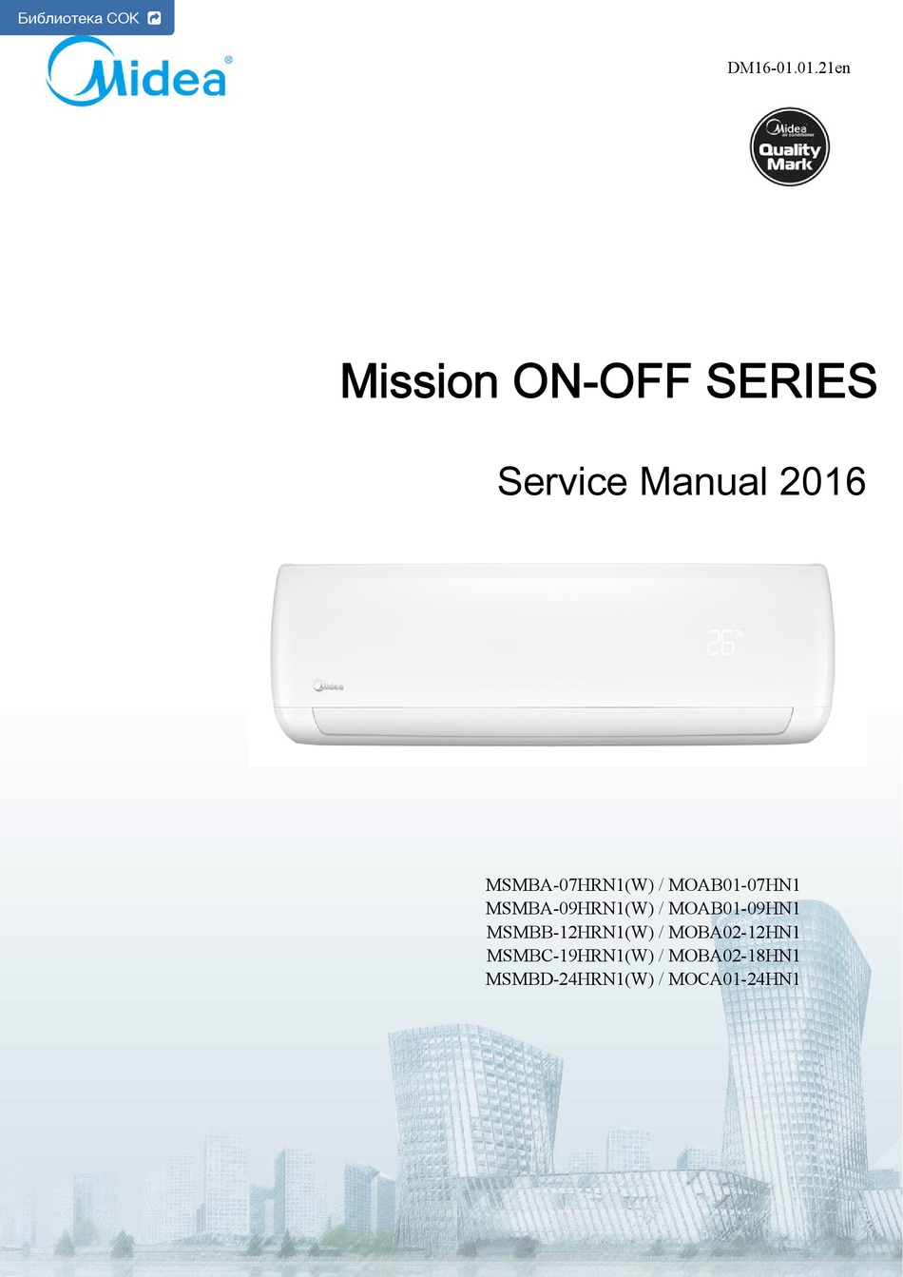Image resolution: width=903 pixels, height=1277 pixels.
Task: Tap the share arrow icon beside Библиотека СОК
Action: tap(154, 18)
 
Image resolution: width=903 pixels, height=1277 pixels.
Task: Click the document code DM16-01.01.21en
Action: tap(789, 68)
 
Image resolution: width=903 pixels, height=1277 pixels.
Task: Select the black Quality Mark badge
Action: tap(790, 147)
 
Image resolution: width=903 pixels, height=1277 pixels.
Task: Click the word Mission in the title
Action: tap(419, 381)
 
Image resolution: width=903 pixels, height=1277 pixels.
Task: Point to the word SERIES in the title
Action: tap(792, 380)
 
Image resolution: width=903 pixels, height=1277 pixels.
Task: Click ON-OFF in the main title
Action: tap(603, 380)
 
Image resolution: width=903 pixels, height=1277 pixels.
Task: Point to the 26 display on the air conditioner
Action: tap(721, 643)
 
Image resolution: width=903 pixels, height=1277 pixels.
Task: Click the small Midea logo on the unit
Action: tap(328, 686)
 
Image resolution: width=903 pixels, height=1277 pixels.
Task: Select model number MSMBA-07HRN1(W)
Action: tap(569, 885)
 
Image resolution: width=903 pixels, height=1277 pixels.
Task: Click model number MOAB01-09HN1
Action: tap(734, 909)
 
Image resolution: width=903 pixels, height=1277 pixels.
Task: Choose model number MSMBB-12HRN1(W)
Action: tap(569, 933)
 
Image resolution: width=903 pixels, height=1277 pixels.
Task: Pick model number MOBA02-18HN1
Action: tap(734, 956)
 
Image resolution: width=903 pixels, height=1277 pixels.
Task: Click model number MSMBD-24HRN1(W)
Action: tap(569, 979)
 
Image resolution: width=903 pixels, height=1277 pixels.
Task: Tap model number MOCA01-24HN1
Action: tap(734, 979)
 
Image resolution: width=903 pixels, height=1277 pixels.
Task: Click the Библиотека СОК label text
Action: tap(78, 18)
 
